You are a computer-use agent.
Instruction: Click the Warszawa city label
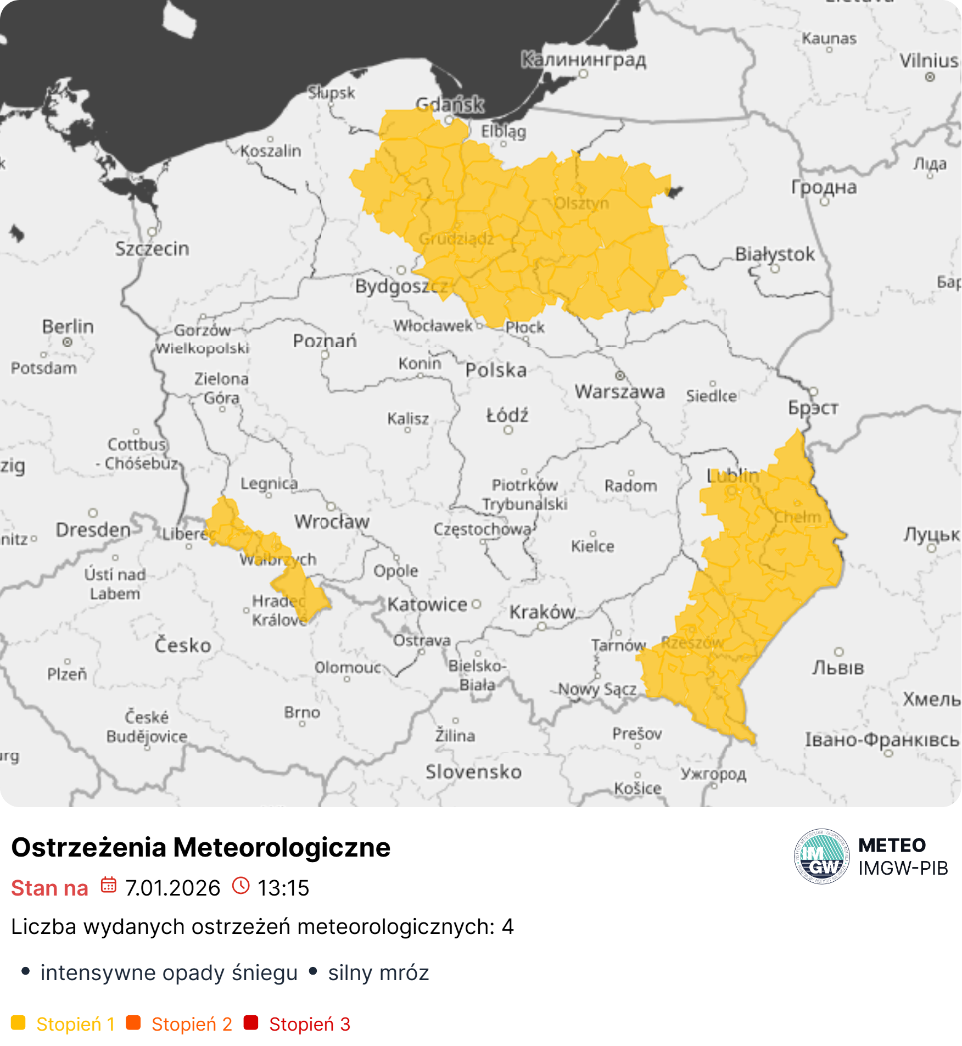point(619,391)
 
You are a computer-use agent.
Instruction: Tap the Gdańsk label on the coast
point(450,104)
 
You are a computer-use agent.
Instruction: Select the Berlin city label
point(68,326)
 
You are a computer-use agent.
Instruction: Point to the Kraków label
point(542,612)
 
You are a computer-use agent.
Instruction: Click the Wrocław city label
point(332,521)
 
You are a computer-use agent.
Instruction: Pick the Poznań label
point(325,340)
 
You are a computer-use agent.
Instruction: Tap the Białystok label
point(774,254)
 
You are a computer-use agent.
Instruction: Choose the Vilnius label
point(929,60)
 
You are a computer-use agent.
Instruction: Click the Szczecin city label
point(152,249)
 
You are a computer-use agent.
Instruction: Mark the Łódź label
point(507,415)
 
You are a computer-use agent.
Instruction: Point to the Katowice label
point(427,605)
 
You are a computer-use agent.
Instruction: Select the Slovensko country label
point(473,771)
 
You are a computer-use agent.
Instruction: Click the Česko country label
point(182,645)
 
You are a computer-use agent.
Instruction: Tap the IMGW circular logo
point(821,857)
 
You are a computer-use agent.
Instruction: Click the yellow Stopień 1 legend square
point(18,1023)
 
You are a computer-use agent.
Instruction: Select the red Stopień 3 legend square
point(251,1023)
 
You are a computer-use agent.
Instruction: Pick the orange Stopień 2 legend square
point(133,1023)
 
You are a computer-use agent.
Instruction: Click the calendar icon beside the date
point(109,885)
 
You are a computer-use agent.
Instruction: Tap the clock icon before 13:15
point(240,885)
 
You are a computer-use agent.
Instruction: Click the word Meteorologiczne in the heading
point(282,847)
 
